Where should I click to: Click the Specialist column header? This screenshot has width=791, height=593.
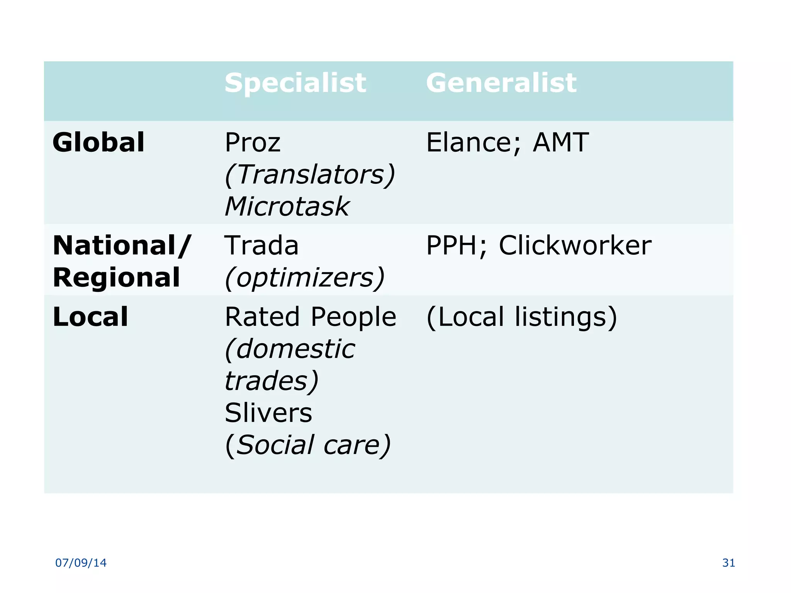[295, 83]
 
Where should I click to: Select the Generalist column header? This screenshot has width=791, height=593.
[501, 83]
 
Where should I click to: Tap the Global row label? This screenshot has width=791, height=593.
[98, 142]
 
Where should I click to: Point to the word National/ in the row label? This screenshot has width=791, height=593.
[122, 246]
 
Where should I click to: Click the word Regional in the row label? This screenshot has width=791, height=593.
[116, 278]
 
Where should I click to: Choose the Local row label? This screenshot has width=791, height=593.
[90, 317]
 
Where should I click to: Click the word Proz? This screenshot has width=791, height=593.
[253, 143]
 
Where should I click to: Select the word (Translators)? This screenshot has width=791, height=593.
[310, 175]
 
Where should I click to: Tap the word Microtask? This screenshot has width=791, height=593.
[287, 207]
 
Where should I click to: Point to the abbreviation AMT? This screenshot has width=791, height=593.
[560, 142]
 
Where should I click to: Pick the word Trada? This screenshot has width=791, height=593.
[261, 246]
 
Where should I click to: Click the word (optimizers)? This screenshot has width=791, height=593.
[305, 278]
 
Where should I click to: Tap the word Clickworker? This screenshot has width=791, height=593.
[575, 246]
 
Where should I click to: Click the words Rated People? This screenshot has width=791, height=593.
[311, 317]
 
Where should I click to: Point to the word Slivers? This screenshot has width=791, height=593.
[268, 413]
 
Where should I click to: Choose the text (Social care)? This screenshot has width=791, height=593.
[308, 445]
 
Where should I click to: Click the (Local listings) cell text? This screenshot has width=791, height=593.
[521, 317]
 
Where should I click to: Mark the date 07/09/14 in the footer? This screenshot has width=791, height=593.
[81, 563]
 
